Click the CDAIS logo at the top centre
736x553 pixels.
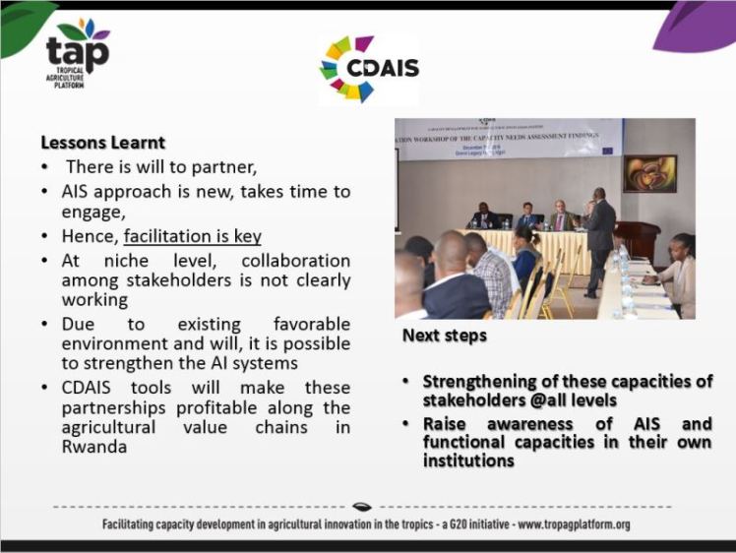[369, 69]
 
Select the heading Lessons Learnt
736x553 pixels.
[102, 143]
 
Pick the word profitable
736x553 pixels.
[245, 407]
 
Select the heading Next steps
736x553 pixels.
[444, 336]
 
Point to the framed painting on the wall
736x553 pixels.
[649, 173]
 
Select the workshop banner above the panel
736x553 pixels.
[508, 138]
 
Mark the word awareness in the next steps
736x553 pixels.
[532, 424]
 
